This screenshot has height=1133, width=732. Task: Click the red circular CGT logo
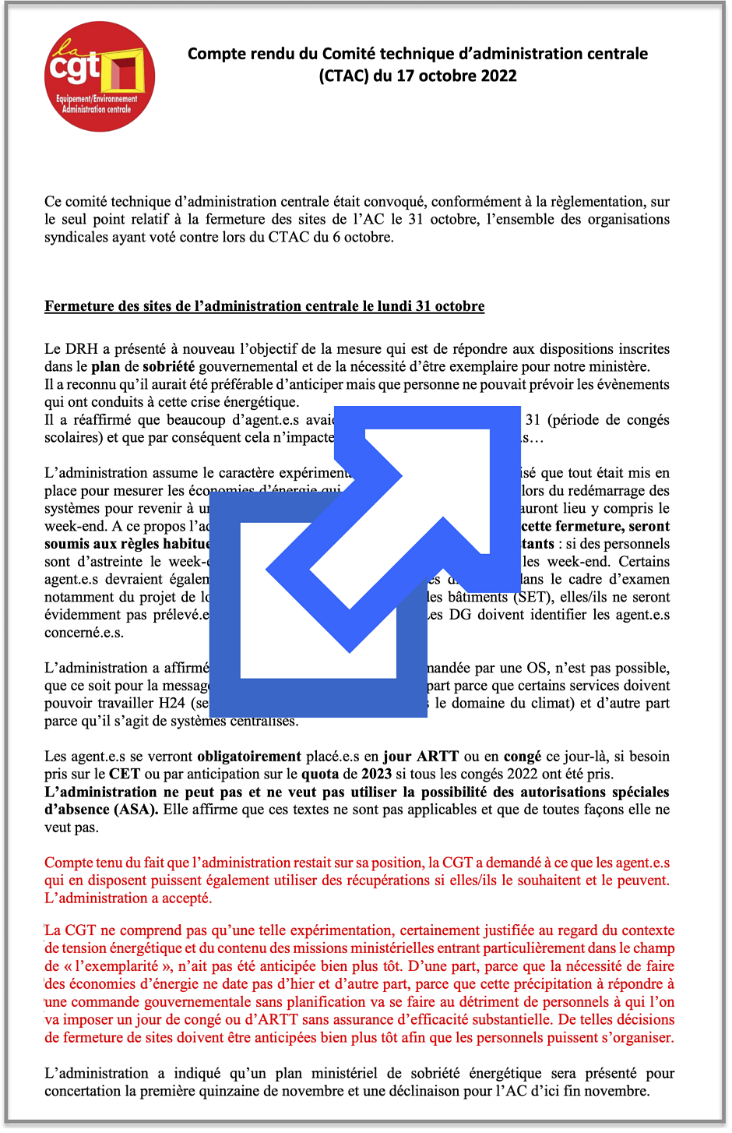pyautogui.click(x=99, y=76)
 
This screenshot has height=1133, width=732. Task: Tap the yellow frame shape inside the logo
pyautogui.click(x=126, y=73)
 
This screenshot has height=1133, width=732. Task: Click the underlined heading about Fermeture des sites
pyautogui.click(x=264, y=306)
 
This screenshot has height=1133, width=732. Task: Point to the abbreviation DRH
pyautogui.click(x=82, y=349)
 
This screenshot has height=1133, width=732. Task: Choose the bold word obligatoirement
pyautogui.click(x=248, y=757)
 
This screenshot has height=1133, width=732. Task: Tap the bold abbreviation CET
pyautogui.click(x=125, y=775)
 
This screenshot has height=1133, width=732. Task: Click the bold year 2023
pyautogui.click(x=376, y=775)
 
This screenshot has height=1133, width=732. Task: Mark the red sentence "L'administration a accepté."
pyautogui.click(x=128, y=898)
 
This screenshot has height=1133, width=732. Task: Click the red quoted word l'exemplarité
pyautogui.click(x=114, y=966)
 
